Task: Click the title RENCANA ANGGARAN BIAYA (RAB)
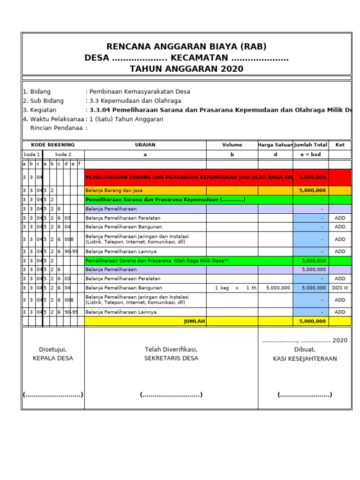coord(187,46)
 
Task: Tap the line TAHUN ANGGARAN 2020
coord(187,69)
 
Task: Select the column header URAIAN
coord(145,145)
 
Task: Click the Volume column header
coord(232,145)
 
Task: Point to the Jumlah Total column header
coord(310,145)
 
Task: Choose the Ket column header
coord(340,145)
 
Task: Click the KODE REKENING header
coord(53,145)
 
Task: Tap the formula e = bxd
coord(310,154)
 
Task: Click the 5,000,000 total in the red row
coord(312,178)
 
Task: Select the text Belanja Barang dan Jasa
coord(114,190)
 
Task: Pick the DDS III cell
coord(340,288)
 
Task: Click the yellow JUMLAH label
coord(194,321)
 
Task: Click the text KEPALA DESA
coord(53,358)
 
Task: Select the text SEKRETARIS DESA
coord(171,358)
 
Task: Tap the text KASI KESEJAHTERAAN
coord(305,359)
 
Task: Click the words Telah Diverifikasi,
coord(171,349)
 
